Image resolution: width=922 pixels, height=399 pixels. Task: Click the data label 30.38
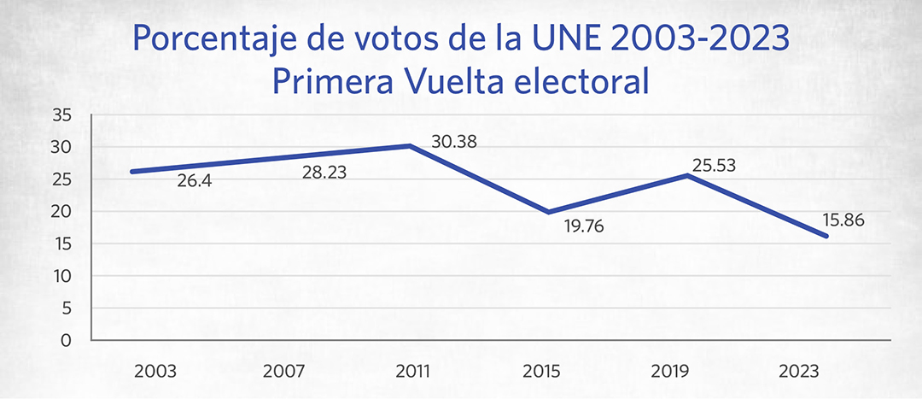coord(454,142)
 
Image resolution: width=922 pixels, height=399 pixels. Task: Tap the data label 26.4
coord(194,180)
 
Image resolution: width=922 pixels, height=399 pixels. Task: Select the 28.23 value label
coord(324,173)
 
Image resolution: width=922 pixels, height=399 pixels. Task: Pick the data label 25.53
coord(713,166)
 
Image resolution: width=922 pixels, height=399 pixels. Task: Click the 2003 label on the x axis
coord(155,372)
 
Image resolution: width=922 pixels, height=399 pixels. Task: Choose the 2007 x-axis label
coord(283,372)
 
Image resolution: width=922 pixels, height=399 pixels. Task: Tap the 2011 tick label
coord(413,372)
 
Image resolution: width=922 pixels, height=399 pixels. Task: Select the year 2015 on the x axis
coord(540,372)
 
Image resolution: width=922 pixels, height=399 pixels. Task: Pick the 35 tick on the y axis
coord(61,115)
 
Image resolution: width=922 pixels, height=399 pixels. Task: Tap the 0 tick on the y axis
coord(66,340)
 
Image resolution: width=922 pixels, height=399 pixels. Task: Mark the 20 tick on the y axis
coord(61,212)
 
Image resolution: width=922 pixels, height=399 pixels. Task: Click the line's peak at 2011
coord(410,145)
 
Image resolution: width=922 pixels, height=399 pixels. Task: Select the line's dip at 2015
coord(548,212)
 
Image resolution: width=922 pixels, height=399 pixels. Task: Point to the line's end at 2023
coord(826,236)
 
